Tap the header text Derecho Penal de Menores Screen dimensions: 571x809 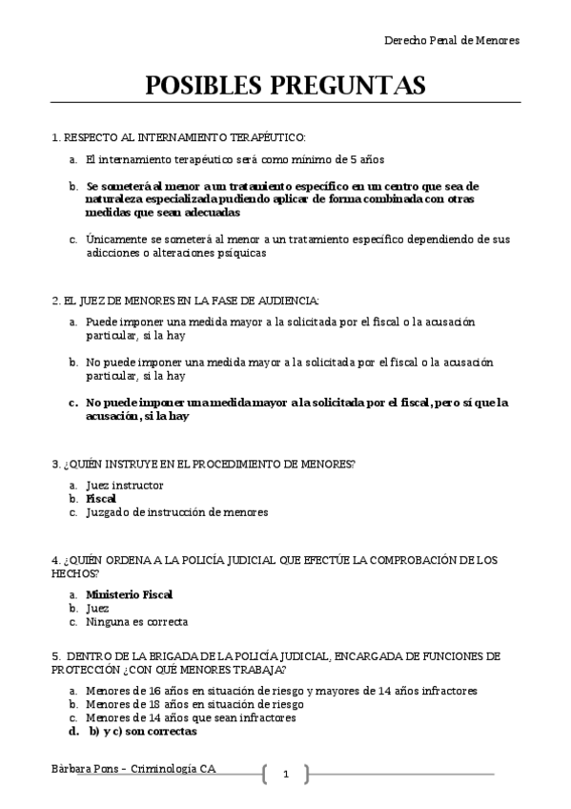point(451,40)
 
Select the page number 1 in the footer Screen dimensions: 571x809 point(285,774)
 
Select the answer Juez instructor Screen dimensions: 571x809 point(124,485)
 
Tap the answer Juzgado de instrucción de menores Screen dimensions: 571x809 point(176,511)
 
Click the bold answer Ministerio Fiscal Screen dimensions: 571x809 point(129,593)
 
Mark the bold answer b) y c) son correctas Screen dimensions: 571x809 point(142,732)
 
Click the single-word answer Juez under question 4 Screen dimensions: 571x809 point(97,608)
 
